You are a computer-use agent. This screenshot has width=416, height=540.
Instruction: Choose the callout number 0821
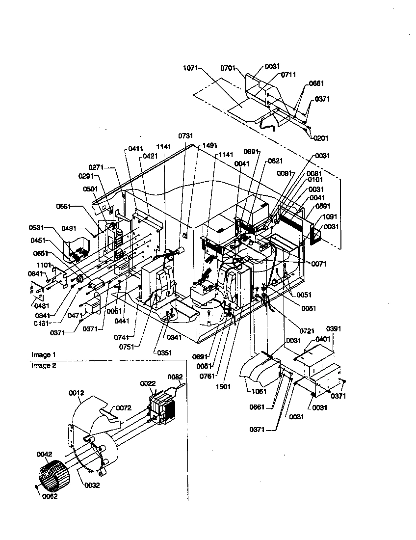pyautogui.click(x=275, y=161)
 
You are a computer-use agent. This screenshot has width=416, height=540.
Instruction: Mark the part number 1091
pyautogui.click(x=329, y=216)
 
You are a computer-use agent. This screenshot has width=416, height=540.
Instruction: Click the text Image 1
pyautogui.click(x=44, y=354)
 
